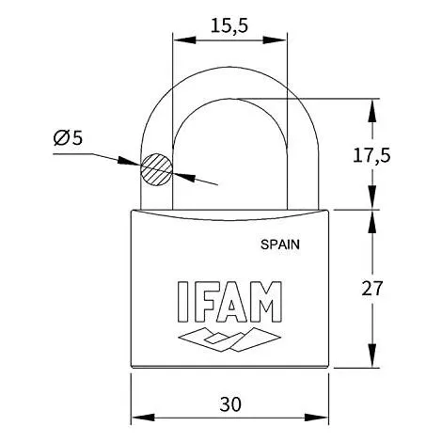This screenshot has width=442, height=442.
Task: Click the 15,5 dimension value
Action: click(x=229, y=25)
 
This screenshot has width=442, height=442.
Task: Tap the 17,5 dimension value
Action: click(x=371, y=156)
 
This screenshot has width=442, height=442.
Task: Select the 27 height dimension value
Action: click(x=372, y=289)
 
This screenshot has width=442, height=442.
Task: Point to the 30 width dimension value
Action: click(x=230, y=404)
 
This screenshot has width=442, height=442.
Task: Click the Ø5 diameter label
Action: click(x=68, y=137)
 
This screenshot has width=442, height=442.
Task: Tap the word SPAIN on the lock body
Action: click(x=280, y=245)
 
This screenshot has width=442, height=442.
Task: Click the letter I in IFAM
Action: click(x=182, y=301)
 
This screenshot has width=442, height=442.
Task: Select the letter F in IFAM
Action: click(x=205, y=301)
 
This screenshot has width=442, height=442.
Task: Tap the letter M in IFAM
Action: click(x=265, y=301)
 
